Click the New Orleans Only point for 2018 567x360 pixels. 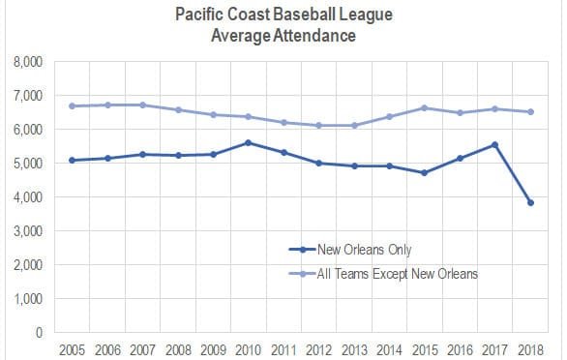pos(531,202)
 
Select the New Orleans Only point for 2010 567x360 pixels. pos(249,143)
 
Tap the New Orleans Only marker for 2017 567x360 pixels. pos(495,145)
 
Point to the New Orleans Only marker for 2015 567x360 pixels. pos(425,173)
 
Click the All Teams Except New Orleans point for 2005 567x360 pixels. pos(73,106)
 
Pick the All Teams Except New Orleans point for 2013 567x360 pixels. pos(354,125)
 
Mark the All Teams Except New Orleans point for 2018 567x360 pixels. pos(531,112)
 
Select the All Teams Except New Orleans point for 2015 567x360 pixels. pos(425,108)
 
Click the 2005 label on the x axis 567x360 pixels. pos(73,348)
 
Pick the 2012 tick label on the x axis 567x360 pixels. pos(319,348)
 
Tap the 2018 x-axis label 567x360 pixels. pos(531,348)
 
